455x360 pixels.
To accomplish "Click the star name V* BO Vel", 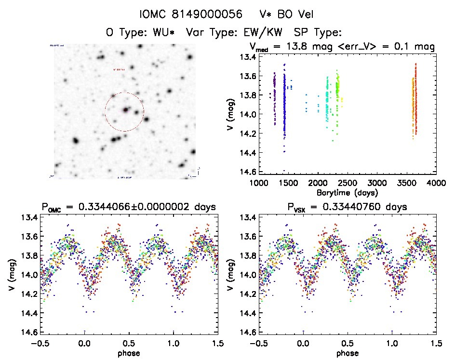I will coord(283,14).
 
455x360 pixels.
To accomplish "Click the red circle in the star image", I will coord(124,112).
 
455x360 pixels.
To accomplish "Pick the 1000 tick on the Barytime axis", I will coord(258,184).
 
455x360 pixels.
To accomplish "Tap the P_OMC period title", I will coord(128,207).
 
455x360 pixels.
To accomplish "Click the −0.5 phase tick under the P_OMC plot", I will coord(40,344).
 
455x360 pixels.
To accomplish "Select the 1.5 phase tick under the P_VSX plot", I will coord(436,344).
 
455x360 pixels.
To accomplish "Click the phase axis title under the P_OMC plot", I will coord(129,353).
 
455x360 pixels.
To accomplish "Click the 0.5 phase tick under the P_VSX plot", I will coord(347,344).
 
